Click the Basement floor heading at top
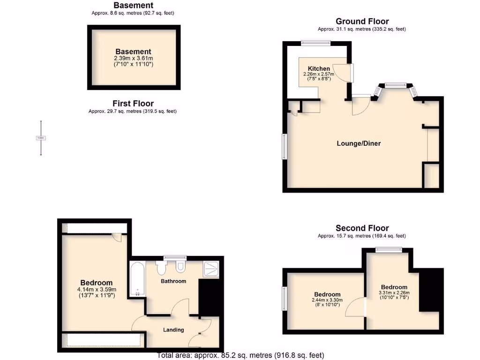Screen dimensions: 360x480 [134, 5]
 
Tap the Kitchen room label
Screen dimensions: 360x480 [319, 68]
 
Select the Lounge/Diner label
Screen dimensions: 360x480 [359, 143]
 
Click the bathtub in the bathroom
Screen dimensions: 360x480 [137, 279]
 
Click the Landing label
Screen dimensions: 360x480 [173, 330]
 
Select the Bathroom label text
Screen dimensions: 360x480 [173, 281]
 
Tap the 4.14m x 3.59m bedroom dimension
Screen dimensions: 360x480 [96, 290]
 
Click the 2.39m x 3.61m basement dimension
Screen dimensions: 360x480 [134, 58]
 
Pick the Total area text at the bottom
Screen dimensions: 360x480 [240, 355]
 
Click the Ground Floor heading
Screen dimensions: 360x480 [362, 21]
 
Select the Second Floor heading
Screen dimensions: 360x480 [362, 228]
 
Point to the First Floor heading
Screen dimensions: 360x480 [133, 104]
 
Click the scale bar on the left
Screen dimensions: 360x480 [41, 138]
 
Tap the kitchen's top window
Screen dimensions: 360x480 [315, 43]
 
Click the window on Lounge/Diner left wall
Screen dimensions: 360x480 [283, 147]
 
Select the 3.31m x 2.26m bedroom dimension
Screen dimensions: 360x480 [394, 293]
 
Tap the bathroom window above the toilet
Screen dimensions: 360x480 [174, 257]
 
